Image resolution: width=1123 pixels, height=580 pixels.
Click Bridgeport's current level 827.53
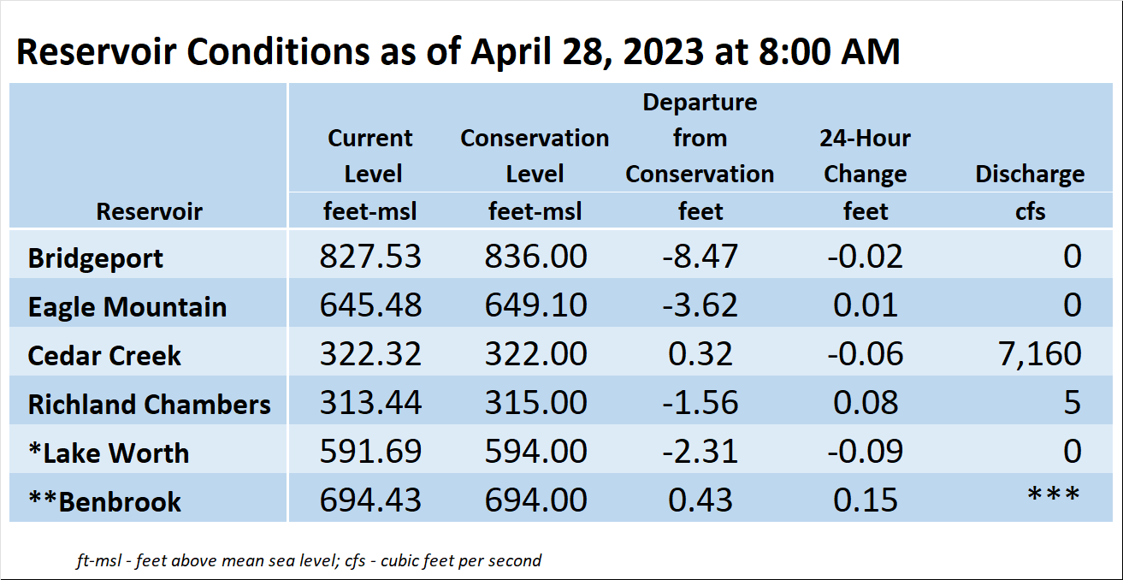tap(370, 256)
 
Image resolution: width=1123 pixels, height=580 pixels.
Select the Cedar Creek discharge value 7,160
tap(1040, 354)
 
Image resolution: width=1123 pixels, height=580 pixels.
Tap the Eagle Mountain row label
tap(127, 307)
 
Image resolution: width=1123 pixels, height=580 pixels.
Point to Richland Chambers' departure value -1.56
tap(700, 403)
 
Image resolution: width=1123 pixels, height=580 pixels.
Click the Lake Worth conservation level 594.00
tap(535, 451)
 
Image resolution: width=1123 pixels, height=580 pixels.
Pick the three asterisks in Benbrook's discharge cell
tap(1054, 494)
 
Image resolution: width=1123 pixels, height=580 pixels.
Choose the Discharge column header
tap(1030, 174)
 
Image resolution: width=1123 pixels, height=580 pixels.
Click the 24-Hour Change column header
tap(866, 156)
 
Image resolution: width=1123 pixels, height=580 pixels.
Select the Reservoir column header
tap(150, 211)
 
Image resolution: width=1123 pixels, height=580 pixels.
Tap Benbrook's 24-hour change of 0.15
tap(866, 500)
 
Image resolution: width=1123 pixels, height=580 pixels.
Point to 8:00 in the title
tap(795, 51)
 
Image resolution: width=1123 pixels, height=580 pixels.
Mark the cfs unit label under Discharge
tap(1031, 211)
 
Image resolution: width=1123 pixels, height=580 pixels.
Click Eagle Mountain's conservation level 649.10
tap(535, 305)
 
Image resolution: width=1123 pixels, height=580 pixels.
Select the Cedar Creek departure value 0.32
tap(700, 354)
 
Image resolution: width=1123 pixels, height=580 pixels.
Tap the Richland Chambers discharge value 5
tap(1073, 403)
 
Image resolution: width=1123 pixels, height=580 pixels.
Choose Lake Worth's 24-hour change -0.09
tap(866, 451)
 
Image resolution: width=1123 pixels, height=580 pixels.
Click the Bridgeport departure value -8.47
tap(700, 256)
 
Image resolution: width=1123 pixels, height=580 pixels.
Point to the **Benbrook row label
tap(105, 501)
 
